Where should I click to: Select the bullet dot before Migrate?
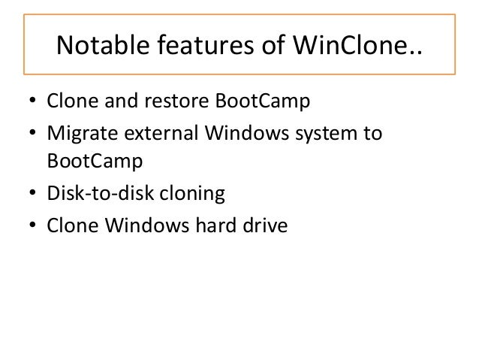(x=32, y=135)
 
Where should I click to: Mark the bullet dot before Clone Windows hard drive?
(x=32, y=226)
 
